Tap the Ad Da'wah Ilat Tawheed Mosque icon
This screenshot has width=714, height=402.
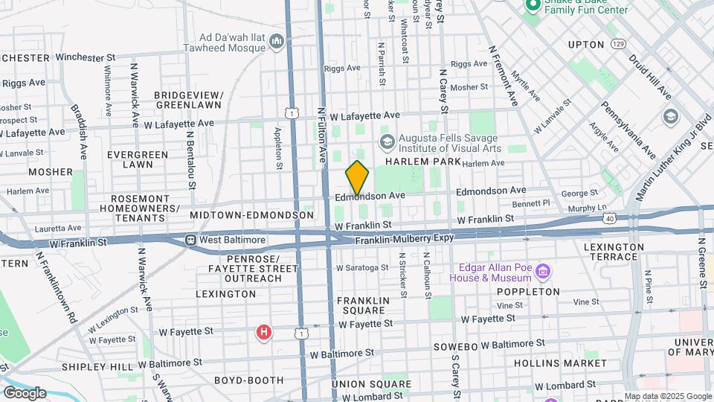(x=277, y=39)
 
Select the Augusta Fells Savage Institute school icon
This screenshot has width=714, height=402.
(x=387, y=141)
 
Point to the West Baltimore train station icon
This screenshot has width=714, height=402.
(x=191, y=240)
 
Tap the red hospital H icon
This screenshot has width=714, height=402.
(x=263, y=332)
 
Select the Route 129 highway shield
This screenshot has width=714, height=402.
(x=617, y=45)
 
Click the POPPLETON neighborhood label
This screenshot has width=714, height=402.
(x=528, y=292)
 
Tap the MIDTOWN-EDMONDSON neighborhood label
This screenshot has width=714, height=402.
(x=251, y=214)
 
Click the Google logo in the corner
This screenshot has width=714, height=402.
(x=24, y=392)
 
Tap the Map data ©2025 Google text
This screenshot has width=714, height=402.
(x=668, y=396)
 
